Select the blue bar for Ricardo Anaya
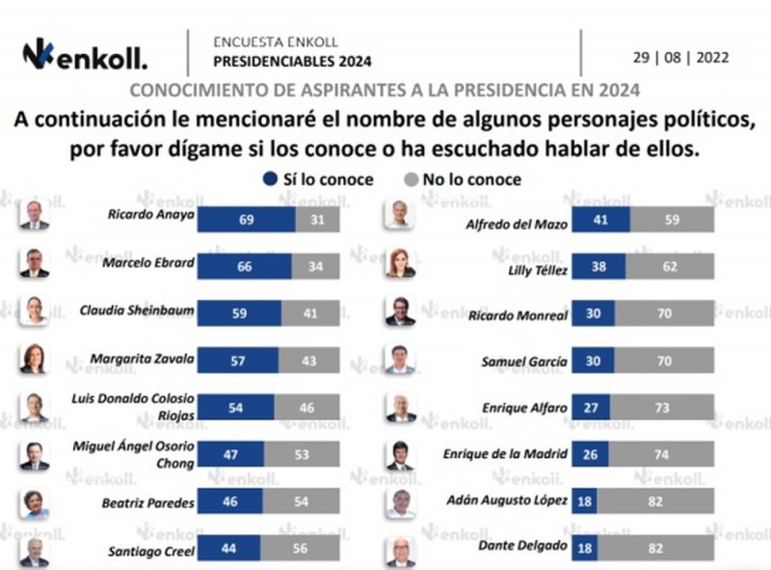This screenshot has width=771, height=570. [246, 219]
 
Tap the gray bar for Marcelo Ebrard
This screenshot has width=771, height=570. [315, 265]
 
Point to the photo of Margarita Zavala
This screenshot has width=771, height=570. [33, 358]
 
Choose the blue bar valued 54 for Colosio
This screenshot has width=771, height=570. [235, 408]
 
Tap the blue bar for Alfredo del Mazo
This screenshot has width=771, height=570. [600, 219]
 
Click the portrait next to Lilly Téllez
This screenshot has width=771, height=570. [400, 263]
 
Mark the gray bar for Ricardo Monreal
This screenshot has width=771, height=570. [664, 313]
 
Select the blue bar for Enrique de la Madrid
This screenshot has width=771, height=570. [589, 454]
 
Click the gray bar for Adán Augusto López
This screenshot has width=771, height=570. [655, 501]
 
